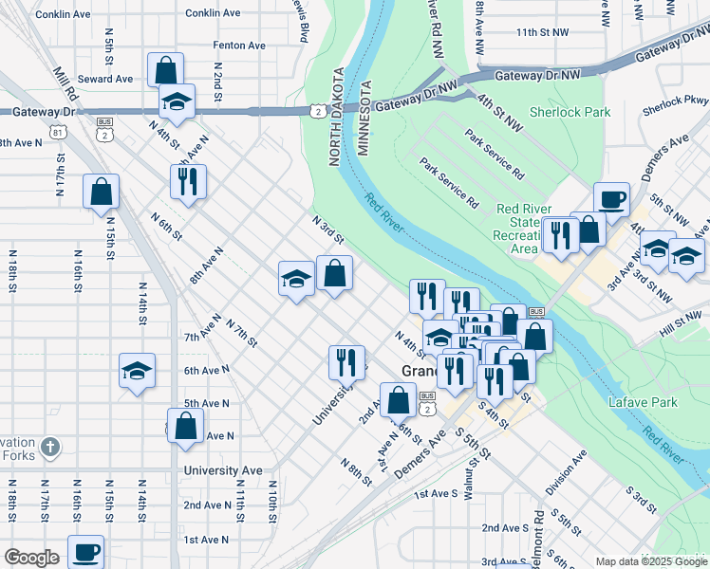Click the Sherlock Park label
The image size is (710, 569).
570,112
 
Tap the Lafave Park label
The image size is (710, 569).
643,402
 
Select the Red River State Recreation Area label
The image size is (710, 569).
519,229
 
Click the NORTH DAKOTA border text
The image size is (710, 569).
335,117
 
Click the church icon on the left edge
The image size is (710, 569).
51,446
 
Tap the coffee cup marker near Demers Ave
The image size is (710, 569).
611,199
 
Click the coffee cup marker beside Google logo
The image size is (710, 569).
85,551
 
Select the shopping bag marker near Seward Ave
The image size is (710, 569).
165,69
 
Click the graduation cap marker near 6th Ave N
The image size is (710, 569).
138,371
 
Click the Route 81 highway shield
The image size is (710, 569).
59,132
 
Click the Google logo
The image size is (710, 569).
31,558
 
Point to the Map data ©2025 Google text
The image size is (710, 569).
650,561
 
